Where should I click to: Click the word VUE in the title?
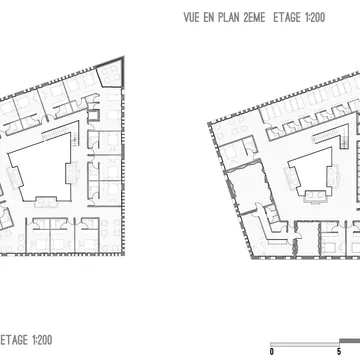point(192,18)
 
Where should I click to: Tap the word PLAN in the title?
point(229,18)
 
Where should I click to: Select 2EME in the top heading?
point(254,18)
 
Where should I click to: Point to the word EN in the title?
point(209,18)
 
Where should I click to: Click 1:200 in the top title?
point(315,18)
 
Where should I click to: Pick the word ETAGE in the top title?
point(287,18)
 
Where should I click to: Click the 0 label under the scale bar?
point(272,351)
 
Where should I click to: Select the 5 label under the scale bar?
point(339,351)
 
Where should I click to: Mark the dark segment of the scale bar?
point(349,341)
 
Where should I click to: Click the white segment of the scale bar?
point(304,344)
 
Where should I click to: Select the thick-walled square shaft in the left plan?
point(94,115)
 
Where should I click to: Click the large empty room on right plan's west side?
point(249,187)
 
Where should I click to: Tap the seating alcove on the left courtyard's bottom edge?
point(46,202)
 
